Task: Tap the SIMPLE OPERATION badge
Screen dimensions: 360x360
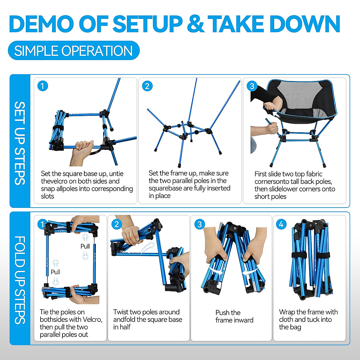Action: pos(73,50)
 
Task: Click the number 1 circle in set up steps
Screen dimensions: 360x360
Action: pos(42,86)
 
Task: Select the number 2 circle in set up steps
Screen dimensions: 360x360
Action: pos(147,86)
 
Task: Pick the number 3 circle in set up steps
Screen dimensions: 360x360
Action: pos(252,86)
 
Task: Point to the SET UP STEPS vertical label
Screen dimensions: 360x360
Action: pos(20,143)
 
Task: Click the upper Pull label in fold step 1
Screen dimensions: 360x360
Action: pos(85,246)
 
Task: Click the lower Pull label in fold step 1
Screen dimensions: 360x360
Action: pos(55,272)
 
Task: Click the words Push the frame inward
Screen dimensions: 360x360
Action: pos(234,316)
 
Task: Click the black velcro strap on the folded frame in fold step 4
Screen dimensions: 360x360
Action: pos(310,256)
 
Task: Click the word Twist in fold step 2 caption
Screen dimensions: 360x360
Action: pos(121,312)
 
